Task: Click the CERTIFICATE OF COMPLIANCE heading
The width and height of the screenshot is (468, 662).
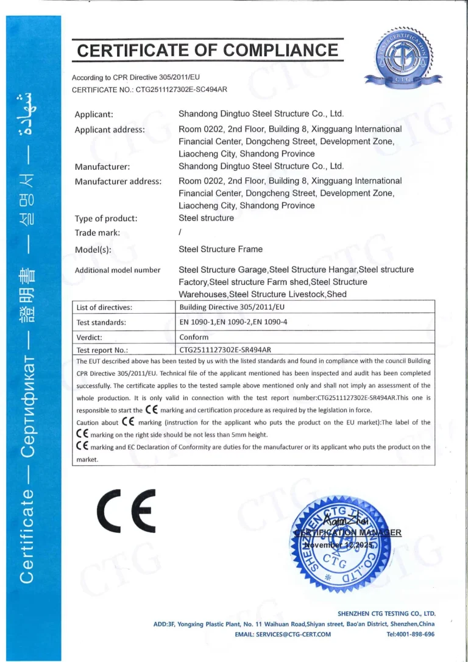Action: point(207,50)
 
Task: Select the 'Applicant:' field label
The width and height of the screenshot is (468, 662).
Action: point(94,114)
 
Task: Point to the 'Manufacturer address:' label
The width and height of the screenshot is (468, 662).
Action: point(118,181)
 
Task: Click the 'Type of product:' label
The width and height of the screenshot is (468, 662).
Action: point(105,219)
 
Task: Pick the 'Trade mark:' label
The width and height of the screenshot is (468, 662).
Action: point(97,233)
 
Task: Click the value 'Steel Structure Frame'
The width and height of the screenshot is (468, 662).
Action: point(221,249)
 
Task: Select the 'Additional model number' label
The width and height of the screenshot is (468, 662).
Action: point(118,270)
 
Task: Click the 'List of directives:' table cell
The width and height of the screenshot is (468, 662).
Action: point(104,307)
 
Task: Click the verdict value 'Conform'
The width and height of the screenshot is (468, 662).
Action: point(194,337)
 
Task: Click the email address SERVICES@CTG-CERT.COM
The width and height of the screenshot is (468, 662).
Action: point(283,634)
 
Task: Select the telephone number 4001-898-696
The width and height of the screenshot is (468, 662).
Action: point(411,634)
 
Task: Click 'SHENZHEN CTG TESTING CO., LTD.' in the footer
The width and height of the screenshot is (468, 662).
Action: point(386,613)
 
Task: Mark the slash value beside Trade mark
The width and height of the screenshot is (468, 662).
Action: point(180,233)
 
